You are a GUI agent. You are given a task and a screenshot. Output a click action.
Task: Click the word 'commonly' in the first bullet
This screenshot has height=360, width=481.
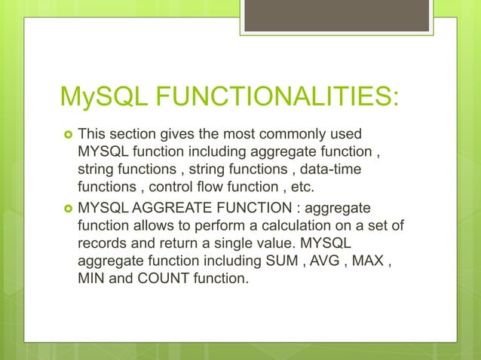[x=290, y=135]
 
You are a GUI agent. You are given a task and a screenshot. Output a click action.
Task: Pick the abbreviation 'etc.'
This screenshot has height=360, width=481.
[x=298, y=187]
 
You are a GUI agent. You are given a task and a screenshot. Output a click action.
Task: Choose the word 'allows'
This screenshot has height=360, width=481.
[x=155, y=224]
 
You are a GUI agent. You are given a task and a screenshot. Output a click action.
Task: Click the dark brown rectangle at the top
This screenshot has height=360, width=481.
[x=338, y=16]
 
